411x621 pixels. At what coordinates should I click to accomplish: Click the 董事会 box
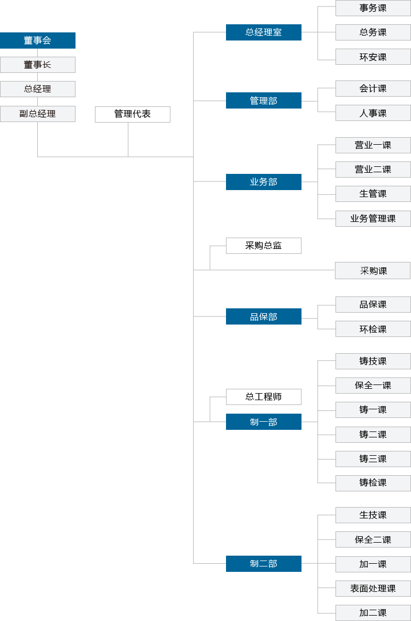pos(38,40)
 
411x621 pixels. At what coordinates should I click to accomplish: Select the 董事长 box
pos(38,65)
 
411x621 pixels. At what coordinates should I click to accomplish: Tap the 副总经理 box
pos(38,114)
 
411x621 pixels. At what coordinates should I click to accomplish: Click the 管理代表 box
pos(133,114)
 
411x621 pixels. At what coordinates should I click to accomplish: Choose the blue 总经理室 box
pos(264,32)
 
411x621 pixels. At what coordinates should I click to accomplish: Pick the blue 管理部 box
pos(264,100)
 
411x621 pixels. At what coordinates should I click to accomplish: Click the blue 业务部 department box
pos(264,182)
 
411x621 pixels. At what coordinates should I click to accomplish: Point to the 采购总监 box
pos(264,246)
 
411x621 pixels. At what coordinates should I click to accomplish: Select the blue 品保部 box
pos(264,316)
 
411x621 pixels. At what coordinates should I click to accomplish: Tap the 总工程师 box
pos(264,397)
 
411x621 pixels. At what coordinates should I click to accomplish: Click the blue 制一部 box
pos(264,422)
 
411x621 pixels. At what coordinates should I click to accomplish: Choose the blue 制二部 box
pos(264,564)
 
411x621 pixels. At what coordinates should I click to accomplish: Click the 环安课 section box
pos(373,57)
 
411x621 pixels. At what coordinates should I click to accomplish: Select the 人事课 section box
pos(373,113)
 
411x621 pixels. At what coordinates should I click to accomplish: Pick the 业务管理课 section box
pos(373,219)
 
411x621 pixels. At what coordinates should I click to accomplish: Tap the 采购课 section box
pos(373,271)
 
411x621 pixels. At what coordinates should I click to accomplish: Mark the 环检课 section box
pos(373,329)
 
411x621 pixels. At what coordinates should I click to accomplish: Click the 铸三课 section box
pos(373,459)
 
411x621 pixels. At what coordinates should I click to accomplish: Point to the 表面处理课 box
pos(373,589)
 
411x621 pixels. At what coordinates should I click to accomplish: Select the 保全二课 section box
pos(373,539)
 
